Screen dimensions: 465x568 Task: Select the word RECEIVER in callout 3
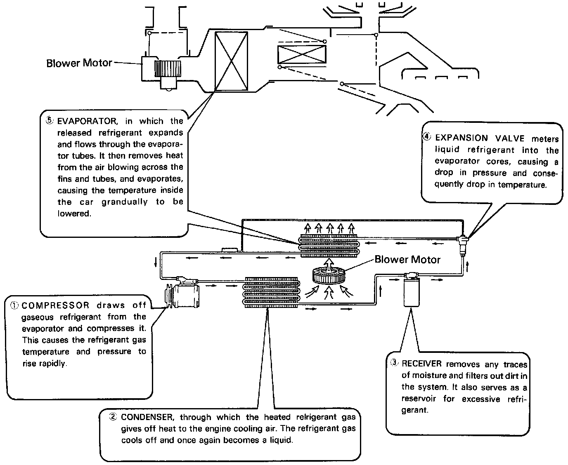[421, 364]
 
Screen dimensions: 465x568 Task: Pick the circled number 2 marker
[113, 417]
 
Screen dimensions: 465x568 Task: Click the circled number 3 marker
[395, 363]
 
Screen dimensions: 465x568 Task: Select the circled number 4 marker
[428, 137]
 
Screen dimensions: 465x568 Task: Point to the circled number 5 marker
[50, 121]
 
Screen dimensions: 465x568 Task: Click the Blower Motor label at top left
[79, 63]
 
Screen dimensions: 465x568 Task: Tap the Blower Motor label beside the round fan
[407, 259]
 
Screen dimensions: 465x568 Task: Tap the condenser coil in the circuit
[271, 292]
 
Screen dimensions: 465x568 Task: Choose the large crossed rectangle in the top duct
[232, 61]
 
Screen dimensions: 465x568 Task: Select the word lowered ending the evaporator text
[74, 214]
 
